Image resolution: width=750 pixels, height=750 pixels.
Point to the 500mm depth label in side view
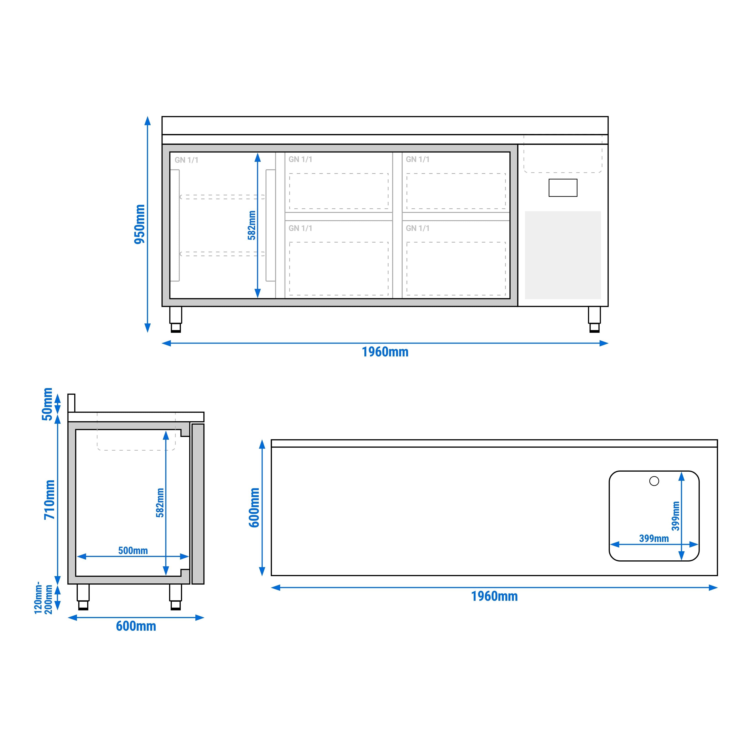(x=133, y=551)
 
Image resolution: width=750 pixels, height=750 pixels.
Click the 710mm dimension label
(x=50, y=500)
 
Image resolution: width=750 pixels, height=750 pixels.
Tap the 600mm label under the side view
(x=136, y=626)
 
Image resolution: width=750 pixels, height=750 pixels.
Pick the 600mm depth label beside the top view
(x=254, y=507)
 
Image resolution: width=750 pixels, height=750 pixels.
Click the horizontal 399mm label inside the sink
(x=654, y=538)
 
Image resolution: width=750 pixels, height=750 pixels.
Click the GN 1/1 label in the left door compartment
(x=186, y=160)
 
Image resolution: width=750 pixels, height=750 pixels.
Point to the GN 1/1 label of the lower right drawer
(x=418, y=228)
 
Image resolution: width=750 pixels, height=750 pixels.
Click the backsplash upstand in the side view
(x=71, y=402)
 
